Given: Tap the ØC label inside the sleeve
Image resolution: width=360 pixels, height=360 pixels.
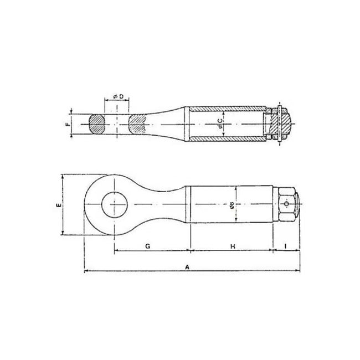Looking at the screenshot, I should pos(221,124).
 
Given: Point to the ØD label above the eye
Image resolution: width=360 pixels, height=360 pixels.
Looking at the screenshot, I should pos(117,97).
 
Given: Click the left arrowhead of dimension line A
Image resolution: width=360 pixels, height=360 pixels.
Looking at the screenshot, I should pos(85,271).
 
